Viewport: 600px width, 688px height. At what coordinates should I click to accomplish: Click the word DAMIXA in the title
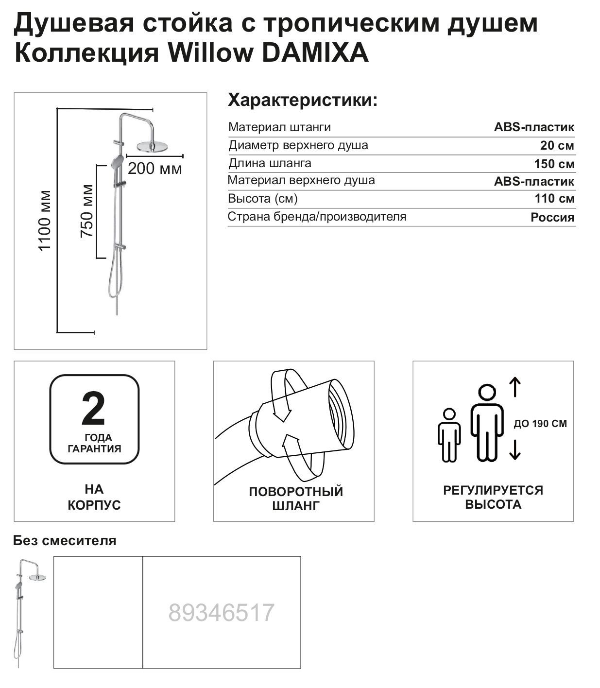click(315, 52)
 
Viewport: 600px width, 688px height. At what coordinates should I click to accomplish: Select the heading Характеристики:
click(303, 100)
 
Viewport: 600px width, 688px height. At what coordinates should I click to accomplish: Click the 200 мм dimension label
click(154, 169)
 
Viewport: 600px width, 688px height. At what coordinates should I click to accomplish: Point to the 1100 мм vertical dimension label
click(44, 221)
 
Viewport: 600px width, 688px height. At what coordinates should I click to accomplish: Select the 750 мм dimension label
click(87, 211)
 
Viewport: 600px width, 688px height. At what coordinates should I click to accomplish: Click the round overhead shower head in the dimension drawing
click(152, 146)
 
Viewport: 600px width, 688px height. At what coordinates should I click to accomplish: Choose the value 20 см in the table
click(557, 145)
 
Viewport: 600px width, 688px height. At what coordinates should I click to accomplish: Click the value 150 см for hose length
click(554, 164)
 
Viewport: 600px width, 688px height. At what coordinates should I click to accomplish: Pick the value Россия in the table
click(552, 217)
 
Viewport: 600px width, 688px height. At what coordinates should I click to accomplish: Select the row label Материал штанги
click(279, 127)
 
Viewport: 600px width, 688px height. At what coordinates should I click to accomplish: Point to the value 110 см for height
click(554, 198)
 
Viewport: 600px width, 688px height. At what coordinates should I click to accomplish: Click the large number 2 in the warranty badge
click(93, 409)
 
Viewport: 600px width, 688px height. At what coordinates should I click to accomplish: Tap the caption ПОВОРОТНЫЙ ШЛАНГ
click(296, 498)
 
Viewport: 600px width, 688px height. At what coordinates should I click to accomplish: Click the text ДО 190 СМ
click(540, 424)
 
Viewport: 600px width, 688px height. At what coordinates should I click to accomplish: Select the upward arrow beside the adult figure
click(515, 387)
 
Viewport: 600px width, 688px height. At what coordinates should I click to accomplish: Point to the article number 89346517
click(221, 612)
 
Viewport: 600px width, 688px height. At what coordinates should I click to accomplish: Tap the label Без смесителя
click(65, 540)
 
